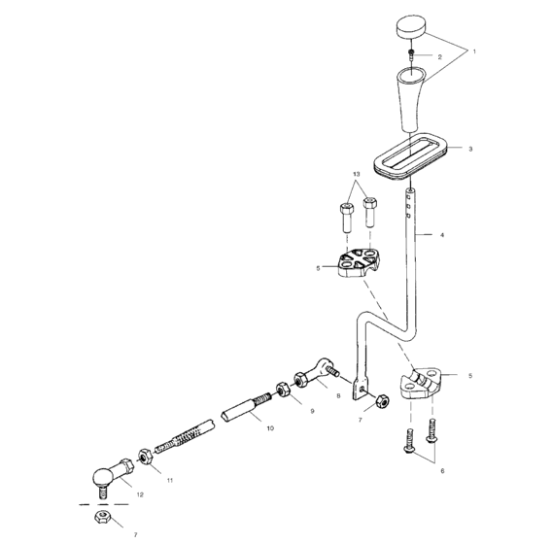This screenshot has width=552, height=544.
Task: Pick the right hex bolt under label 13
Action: tap(369, 210)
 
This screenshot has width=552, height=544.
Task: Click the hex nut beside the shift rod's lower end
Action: tap(382, 399)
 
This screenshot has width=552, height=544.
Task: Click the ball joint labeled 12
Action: tap(105, 476)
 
